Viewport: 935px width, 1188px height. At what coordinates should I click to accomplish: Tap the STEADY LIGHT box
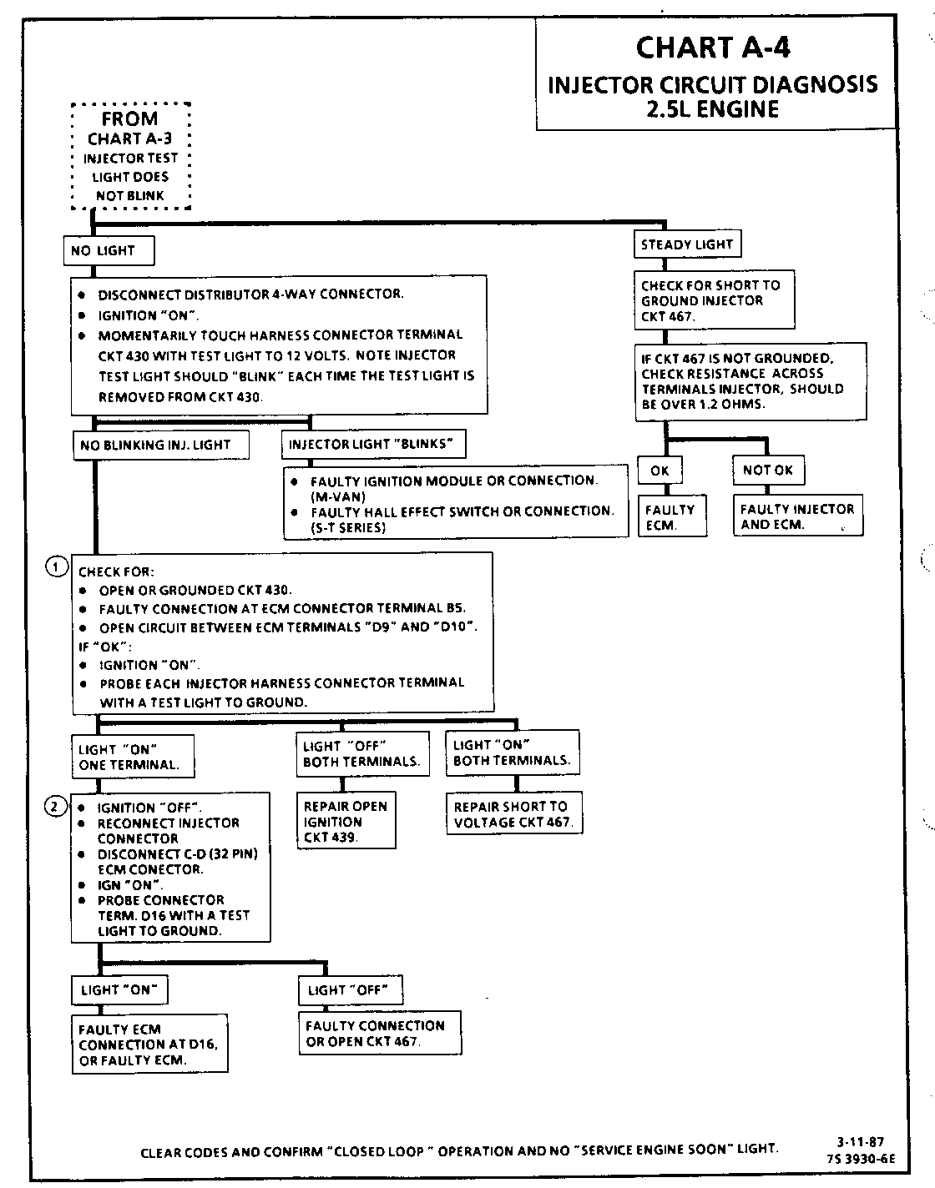click(686, 244)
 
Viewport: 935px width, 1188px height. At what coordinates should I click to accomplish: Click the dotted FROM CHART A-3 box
click(130, 156)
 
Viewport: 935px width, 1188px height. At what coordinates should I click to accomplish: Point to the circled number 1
click(54, 567)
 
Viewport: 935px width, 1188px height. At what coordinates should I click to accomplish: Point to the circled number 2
click(54, 806)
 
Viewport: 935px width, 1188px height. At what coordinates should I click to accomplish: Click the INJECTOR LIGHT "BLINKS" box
click(373, 444)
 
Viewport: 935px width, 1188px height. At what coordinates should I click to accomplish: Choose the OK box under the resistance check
click(660, 471)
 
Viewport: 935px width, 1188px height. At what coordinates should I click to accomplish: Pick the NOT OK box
click(768, 470)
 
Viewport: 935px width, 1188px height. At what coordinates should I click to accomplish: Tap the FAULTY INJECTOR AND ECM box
click(797, 516)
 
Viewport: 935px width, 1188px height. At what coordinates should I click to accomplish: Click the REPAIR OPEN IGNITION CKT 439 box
click(346, 821)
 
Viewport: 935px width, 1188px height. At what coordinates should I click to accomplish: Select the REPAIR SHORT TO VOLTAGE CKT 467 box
click(513, 813)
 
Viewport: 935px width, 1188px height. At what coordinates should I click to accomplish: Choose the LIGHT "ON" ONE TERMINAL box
click(132, 757)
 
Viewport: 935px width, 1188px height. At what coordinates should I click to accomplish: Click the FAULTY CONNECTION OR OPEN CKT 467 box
click(379, 1033)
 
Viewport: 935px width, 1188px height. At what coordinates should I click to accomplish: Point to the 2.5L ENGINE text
click(712, 109)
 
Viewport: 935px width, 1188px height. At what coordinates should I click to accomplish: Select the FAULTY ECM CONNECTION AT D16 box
click(149, 1045)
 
